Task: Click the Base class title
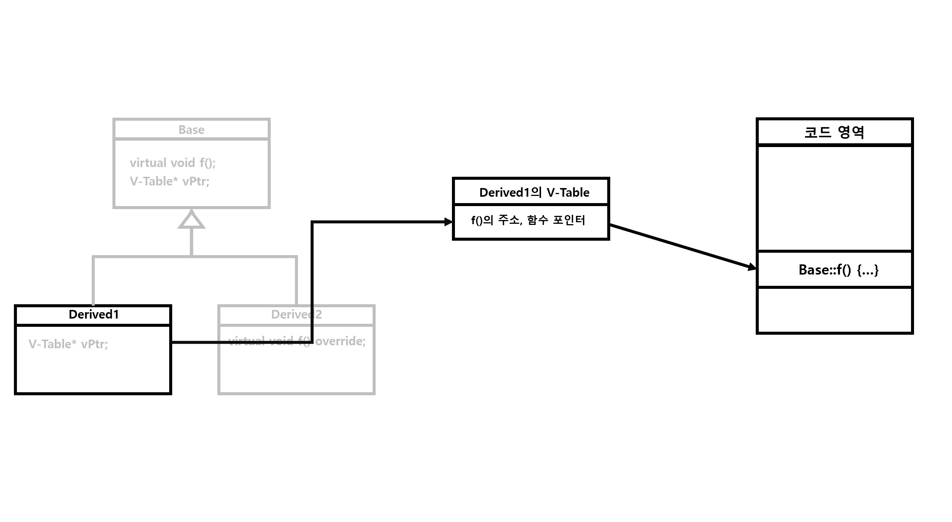(x=191, y=130)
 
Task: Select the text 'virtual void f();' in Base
(x=173, y=163)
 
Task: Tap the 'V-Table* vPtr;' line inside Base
(x=169, y=181)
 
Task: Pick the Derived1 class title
(x=94, y=314)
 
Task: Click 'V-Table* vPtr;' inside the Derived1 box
(x=68, y=344)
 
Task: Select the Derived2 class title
(x=296, y=314)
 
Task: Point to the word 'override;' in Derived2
(x=340, y=341)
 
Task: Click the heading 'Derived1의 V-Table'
(x=534, y=193)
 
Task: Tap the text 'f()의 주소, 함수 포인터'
(x=528, y=220)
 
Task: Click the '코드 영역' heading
(x=834, y=132)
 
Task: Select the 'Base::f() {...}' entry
(x=838, y=270)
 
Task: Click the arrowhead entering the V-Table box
(x=448, y=222)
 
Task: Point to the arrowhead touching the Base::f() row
(x=752, y=267)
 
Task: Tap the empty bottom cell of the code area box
(x=835, y=310)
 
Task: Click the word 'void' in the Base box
(x=183, y=163)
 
